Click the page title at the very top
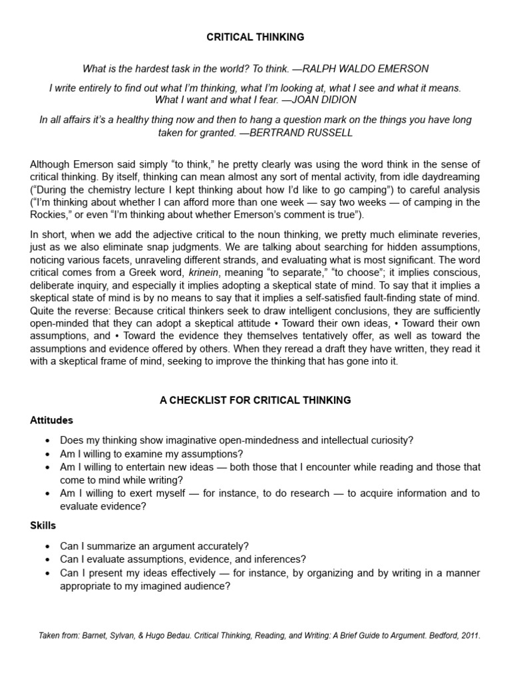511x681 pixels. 255,37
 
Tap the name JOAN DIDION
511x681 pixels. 314,100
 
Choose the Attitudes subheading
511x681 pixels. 52,420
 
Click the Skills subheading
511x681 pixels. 43,525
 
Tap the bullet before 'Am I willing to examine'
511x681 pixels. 47,454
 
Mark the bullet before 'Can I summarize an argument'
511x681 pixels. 47,546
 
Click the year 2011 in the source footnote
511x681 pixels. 468,636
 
